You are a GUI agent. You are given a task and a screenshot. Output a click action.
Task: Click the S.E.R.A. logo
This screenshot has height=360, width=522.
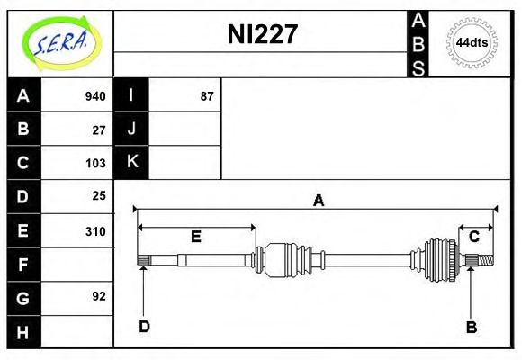point(60,42)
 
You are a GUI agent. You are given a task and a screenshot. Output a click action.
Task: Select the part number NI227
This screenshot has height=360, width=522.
point(261,35)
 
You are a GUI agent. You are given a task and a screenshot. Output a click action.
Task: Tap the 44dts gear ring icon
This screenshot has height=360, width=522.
point(472,43)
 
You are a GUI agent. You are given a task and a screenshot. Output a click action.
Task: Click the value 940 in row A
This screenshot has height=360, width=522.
point(95,96)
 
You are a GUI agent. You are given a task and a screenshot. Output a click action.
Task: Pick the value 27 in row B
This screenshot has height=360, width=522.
point(99,130)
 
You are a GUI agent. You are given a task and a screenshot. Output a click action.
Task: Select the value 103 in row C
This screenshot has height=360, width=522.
point(95,163)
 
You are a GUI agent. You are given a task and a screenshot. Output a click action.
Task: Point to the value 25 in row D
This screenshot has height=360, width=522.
point(99,195)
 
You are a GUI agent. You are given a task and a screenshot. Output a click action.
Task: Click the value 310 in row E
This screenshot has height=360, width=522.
point(95,230)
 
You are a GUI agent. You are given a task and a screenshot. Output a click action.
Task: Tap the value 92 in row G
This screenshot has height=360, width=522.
point(99,296)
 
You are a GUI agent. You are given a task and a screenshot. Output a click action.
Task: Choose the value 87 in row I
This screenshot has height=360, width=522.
point(207,96)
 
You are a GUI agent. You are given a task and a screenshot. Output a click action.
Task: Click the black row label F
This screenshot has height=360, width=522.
point(23,264)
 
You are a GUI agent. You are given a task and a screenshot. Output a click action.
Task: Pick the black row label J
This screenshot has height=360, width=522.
point(131,130)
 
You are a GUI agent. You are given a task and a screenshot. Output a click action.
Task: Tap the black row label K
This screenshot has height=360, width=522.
point(131,163)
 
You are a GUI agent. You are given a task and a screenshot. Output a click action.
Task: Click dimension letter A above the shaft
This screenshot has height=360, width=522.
point(317,201)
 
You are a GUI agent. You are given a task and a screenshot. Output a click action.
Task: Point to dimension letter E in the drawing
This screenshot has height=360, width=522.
point(195,237)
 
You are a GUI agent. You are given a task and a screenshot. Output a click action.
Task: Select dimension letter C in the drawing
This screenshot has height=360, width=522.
point(473,237)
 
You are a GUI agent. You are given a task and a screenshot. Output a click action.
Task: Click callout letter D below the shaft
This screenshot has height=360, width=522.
point(144,326)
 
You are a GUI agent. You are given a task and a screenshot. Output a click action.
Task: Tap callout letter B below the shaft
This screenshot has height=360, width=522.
point(471,327)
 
